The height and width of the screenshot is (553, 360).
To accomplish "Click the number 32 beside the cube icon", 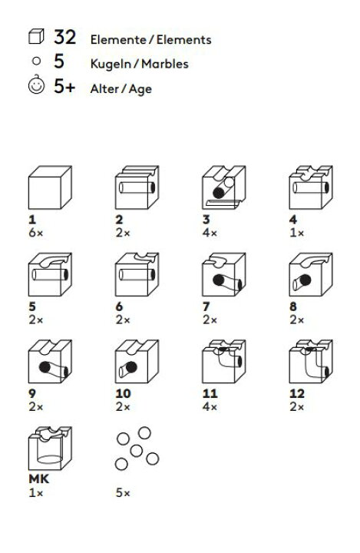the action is (65, 37).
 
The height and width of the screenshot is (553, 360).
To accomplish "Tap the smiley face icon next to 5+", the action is (36, 85).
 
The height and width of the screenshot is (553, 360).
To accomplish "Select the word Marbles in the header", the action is (165, 64).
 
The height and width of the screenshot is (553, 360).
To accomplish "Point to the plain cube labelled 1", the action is (50, 187).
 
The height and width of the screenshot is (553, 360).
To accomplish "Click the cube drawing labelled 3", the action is (224, 187).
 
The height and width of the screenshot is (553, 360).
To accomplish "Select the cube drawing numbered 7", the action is (224, 274).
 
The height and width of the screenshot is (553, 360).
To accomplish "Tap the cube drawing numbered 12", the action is (311, 362).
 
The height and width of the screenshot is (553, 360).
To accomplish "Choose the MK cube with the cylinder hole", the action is (50, 449).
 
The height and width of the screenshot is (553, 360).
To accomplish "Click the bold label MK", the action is (39, 479).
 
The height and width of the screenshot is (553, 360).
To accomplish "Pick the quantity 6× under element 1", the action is (35, 233).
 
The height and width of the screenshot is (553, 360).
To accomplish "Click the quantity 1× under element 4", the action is (296, 233).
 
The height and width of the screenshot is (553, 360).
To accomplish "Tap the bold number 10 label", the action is (124, 393).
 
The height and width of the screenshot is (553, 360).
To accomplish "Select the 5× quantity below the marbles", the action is (123, 492).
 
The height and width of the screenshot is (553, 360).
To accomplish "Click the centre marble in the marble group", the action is (137, 450).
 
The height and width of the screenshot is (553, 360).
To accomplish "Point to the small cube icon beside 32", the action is (36, 36).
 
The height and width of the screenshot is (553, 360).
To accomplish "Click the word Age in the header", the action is (140, 89).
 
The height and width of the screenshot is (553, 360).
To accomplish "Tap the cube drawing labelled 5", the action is (50, 274).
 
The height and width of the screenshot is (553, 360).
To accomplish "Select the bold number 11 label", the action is (210, 393).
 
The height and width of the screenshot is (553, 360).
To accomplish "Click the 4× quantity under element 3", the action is (210, 233).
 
